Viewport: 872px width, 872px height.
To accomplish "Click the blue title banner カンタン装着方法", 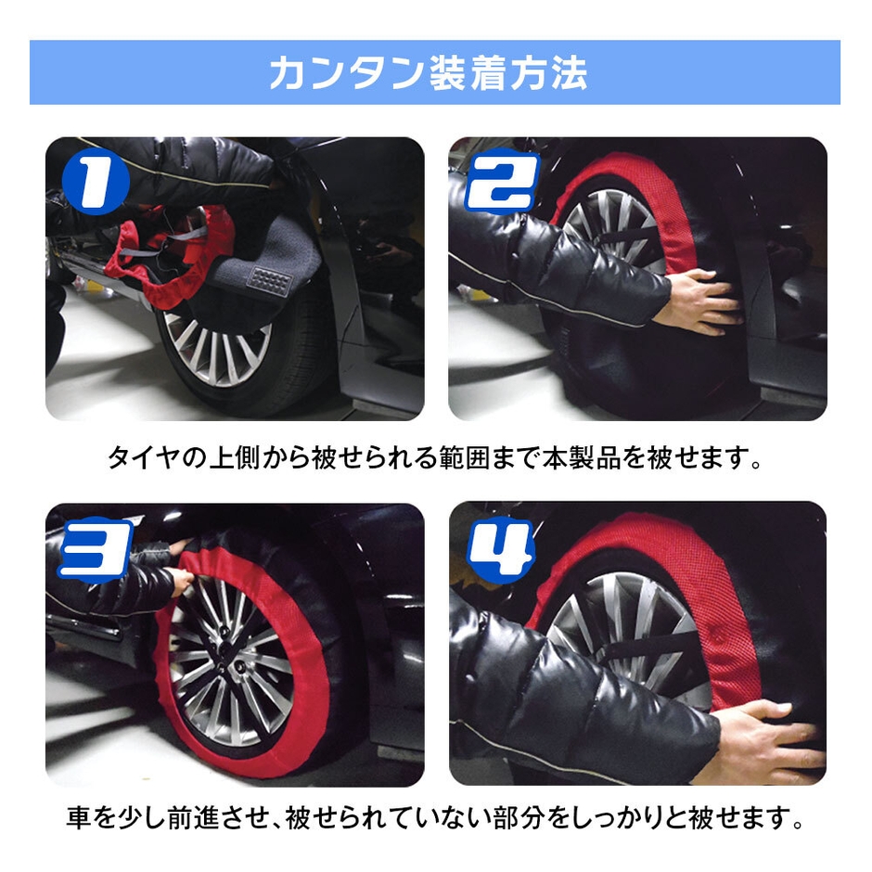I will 435,72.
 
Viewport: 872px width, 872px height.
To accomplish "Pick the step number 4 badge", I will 500,549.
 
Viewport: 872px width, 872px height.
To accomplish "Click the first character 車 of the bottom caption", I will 82,820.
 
